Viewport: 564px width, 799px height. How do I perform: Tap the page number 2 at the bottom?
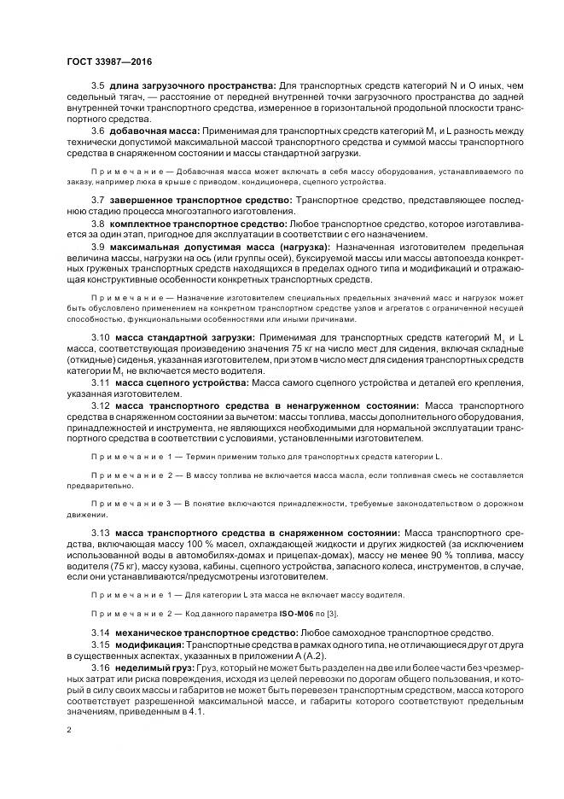point(68,731)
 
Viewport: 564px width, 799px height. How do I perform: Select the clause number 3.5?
point(97,87)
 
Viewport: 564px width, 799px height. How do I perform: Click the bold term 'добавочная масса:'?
point(148,130)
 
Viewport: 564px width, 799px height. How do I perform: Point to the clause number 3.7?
point(97,199)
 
